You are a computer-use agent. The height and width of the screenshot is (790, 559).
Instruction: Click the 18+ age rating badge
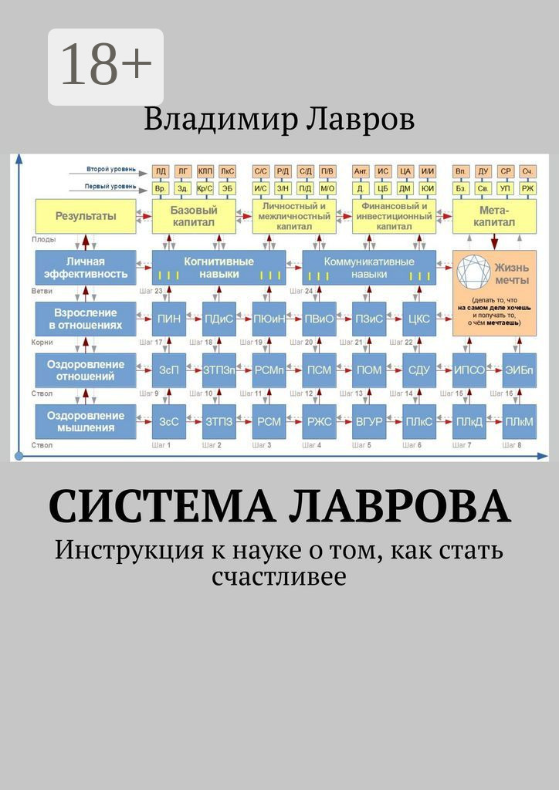[x=106, y=66]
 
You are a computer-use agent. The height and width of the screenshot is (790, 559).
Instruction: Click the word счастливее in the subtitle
[x=279, y=576]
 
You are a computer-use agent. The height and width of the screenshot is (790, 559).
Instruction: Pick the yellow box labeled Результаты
[x=86, y=216]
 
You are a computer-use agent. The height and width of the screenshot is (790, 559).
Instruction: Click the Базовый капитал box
[x=195, y=216]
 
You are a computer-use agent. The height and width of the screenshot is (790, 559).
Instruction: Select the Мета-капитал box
[x=494, y=216]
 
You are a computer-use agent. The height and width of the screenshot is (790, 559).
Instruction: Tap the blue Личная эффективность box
[x=86, y=268]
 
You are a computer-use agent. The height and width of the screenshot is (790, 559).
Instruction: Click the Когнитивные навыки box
[x=219, y=268]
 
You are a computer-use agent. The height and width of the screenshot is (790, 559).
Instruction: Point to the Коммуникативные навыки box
[x=368, y=268]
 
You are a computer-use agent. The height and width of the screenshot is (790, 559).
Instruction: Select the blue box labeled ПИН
[x=168, y=319]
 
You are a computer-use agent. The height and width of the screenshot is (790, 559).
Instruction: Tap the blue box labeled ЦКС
[x=418, y=319]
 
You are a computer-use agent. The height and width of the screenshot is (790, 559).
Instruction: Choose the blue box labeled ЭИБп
[x=519, y=370]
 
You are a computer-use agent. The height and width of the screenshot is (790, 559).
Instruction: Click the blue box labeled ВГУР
[x=368, y=421]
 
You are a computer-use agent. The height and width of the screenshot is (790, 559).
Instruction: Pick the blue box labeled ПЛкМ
[x=519, y=421]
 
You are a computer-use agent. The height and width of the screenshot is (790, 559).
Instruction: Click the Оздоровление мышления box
[x=86, y=421]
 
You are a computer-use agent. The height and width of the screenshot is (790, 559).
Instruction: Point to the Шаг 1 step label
[x=164, y=445]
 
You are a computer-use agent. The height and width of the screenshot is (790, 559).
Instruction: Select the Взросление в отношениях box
[x=86, y=319]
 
